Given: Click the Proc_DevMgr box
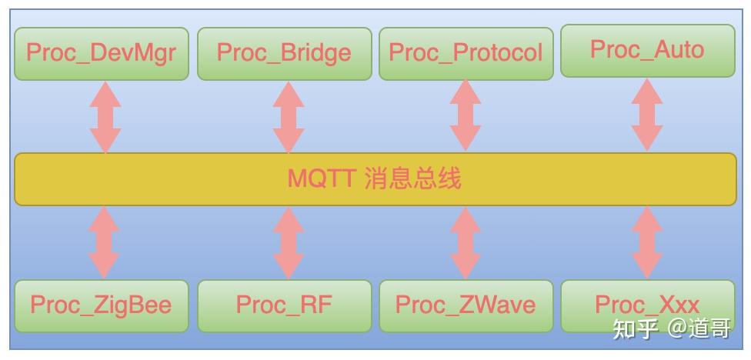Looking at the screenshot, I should (x=102, y=53).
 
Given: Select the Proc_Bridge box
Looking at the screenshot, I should (x=284, y=53).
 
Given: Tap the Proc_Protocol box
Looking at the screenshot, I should (x=466, y=53).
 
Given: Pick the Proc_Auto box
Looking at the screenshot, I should (x=647, y=50).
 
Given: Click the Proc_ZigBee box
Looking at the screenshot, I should (x=101, y=305).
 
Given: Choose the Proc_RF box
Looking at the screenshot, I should (x=284, y=305).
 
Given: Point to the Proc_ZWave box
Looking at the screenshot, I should (x=466, y=305).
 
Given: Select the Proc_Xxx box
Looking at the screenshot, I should (x=647, y=305).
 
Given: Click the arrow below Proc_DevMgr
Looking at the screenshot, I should (x=105, y=116).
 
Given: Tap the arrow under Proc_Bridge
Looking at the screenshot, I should (x=289, y=116).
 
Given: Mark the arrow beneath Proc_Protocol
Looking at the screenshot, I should (x=466, y=115).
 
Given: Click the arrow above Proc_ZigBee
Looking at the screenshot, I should (x=104, y=242).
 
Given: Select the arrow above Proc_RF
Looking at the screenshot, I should (x=289, y=242).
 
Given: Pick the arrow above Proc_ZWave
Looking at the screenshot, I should (x=466, y=242).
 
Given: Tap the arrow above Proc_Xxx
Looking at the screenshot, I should (x=647, y=242).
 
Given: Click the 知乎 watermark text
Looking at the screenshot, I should (x=635, y=329).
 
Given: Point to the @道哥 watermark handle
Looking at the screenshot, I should (x=699, y=329).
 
